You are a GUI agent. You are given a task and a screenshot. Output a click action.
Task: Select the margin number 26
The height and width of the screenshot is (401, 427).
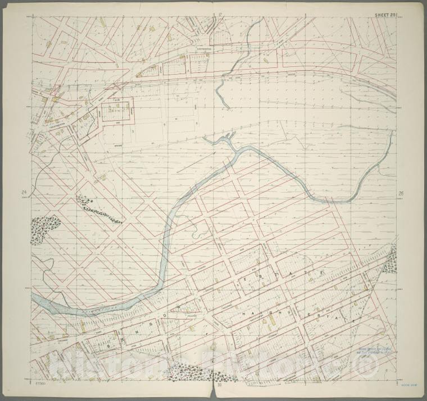tap(401, 194)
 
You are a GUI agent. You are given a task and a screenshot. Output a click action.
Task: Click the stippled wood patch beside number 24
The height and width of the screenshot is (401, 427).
tap(44, 229)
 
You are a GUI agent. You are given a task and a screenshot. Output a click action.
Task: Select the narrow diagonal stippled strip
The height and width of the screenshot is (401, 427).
tap(99, 209)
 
